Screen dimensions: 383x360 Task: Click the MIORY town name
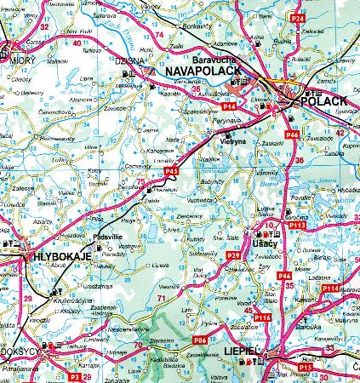click(x=19, y=60)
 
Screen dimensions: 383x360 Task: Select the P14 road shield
click(x=229, y=106)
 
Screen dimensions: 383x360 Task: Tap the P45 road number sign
click(x=170, y=172)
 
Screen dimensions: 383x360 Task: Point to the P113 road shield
click(x=296, y=226)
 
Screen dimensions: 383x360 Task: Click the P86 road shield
click(x=199, y=340)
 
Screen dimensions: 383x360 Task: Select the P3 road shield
click(x=74, y=375)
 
